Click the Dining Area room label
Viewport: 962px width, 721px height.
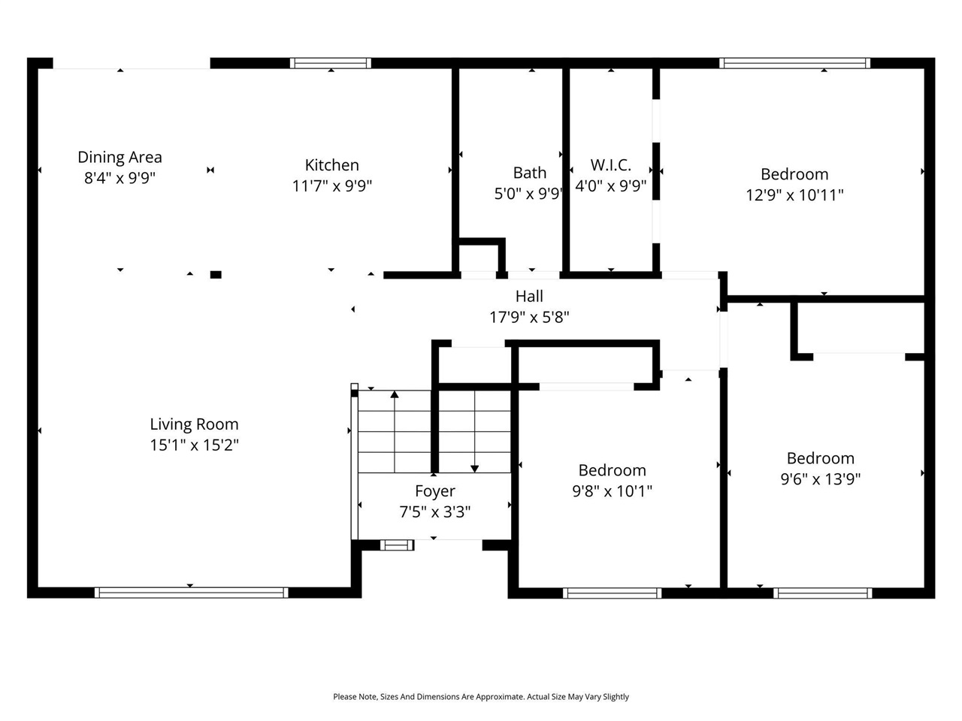pos(119,157)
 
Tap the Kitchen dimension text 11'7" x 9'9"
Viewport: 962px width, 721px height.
pos(332,186)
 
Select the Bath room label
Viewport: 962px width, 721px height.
pos(530,173)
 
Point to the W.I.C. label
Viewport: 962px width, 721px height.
pos(610,165)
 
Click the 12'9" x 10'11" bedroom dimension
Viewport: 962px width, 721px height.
pos(794,195)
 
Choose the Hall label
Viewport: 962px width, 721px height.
pos(529,297)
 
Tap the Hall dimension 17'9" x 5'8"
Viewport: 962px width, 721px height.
pos(529,317)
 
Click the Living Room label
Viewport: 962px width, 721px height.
pos(194,424)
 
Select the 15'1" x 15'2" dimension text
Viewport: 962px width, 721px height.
pos(194,445)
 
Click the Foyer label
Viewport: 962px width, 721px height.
pos(435,491)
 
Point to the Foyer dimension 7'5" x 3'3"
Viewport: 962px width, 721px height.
pos(435,511)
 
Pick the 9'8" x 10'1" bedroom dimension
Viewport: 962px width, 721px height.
pos(612,491)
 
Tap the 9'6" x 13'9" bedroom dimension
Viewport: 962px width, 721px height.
pos(820,478)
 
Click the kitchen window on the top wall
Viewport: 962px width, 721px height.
pos(331,63)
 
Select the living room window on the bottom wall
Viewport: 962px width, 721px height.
pos(191,593)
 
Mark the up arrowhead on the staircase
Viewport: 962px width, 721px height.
pos(395,394)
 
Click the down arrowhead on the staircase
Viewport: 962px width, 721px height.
pos(475,469)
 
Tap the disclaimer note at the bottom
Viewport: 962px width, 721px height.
pos(481,697)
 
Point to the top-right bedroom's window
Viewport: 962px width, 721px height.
pos(794,63)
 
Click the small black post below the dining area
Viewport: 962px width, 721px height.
pos(216,275)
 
